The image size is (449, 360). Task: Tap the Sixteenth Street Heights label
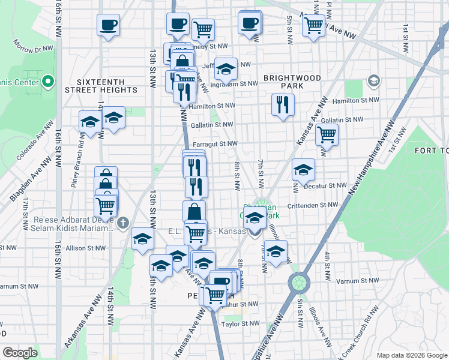tap(107, 86)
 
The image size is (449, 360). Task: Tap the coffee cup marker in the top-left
tap(108, 25)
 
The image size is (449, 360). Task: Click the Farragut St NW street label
tap(215, 144)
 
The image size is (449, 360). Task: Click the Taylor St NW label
tap(240, 323)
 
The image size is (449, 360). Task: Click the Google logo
tap(20, 353)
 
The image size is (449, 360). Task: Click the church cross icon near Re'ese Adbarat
tap(123, 223)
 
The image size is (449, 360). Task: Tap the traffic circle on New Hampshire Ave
tap(298, 282)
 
